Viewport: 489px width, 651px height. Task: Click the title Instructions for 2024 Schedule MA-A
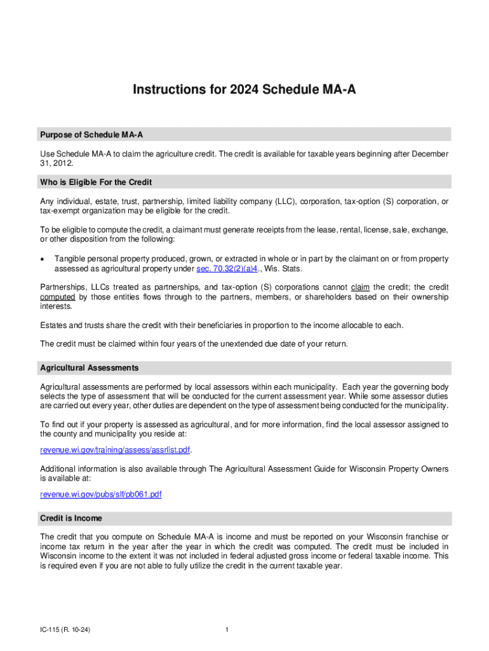click(245, 90)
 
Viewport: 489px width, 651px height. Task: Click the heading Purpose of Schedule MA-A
click(95, 135)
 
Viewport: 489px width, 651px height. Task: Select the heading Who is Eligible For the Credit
click(96, 182)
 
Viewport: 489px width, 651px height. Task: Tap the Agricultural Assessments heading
click(90, 368)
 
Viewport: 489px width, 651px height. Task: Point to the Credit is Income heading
click(71, 518)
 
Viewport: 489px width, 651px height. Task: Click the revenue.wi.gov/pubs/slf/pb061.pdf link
click(101, 495)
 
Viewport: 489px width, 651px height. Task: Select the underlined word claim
click(360, 287)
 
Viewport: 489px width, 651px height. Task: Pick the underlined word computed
click(58, 297)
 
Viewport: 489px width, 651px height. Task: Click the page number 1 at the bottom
click(227, 630)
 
